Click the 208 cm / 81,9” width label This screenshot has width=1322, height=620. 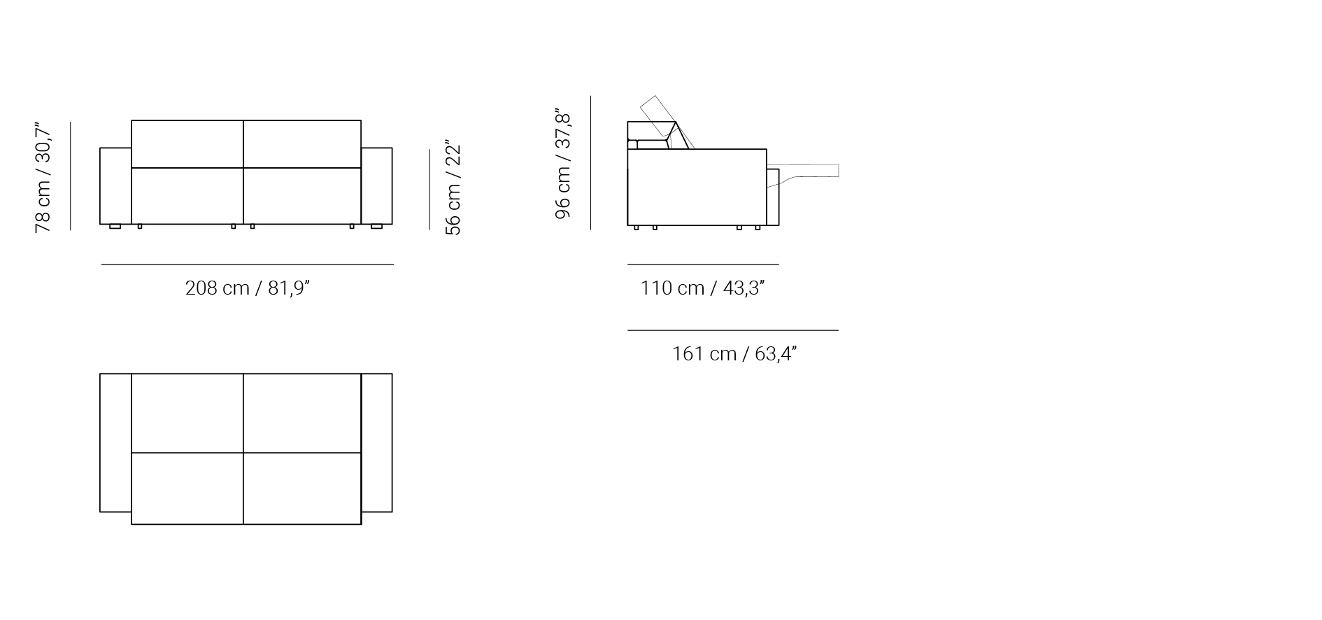point(247,288)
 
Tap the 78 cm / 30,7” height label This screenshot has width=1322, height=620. point(43,179)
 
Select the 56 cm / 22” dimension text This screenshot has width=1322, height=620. point(453,189)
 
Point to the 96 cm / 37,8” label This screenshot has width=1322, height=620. point(563,164)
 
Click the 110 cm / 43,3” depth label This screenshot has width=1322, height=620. point(702,288)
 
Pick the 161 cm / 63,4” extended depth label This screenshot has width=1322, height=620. point(734,354)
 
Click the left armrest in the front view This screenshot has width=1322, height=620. point(115,185)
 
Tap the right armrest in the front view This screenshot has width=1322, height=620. point(377,185)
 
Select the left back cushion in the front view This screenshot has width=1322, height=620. point(187,144)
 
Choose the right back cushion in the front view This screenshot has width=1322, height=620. point(302,144)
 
